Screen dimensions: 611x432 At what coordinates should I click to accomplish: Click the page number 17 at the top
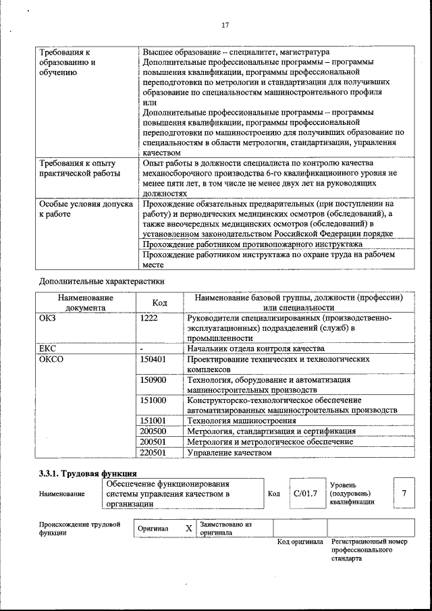(225, 25)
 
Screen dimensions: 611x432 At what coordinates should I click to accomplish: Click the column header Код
(159, 302)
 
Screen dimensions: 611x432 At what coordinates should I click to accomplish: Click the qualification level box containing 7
(404, 494)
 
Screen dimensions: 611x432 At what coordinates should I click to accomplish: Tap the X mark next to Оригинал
(189, 529)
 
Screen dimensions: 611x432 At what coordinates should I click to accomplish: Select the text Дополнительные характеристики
(101, 280)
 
